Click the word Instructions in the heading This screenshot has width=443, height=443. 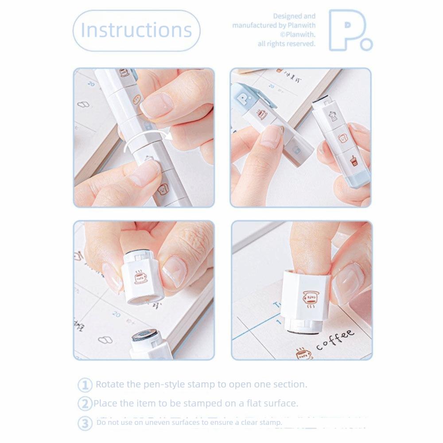click(x=136, y=30)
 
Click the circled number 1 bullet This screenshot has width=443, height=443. click(x=85, y=385)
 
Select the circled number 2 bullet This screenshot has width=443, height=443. click(x=85, y=404)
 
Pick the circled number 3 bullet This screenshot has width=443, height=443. click(x=85, y=423)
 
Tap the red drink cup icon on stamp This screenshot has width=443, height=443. click(x=354, y=160)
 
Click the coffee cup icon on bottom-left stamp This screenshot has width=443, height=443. click(x=141, y=277)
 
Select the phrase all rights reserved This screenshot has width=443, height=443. click(x=287, y=43)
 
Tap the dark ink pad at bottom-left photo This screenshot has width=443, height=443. click(x=146, y=336)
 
